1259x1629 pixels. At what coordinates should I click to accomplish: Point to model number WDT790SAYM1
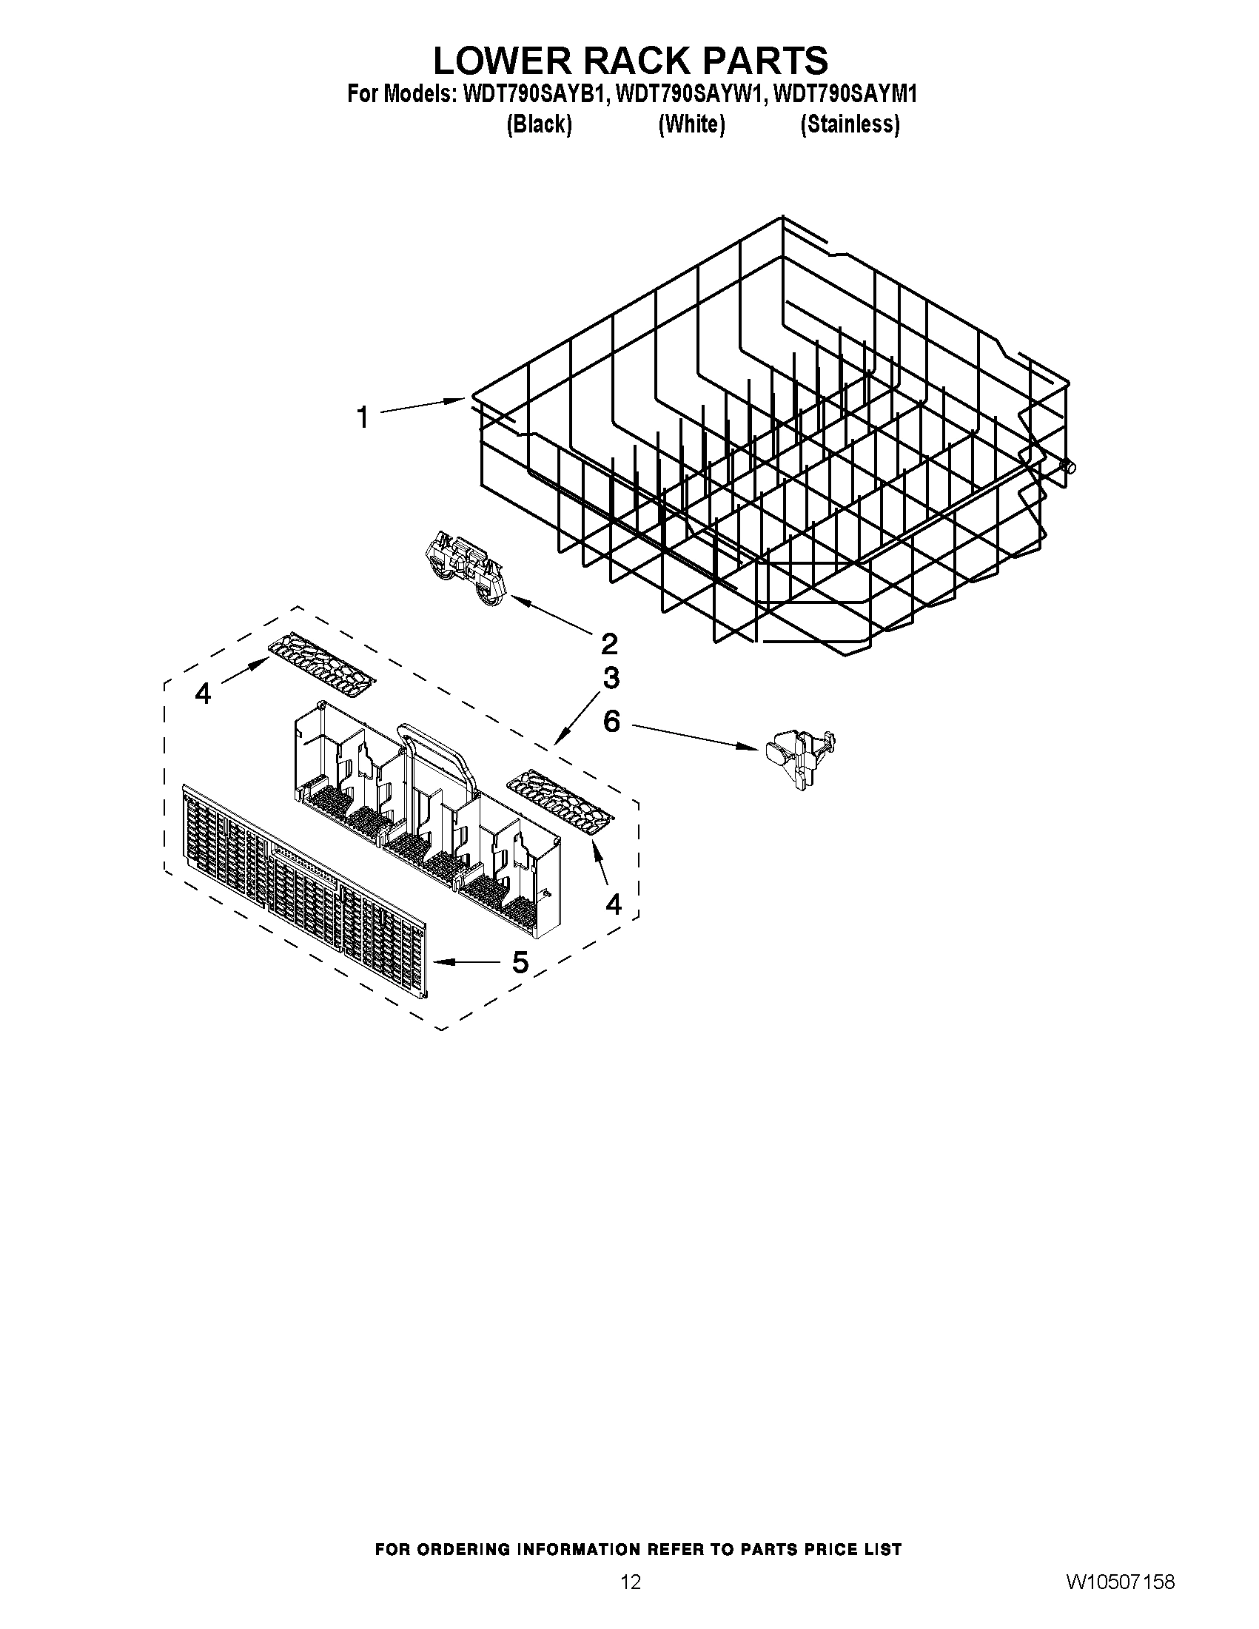(x=845, y=95)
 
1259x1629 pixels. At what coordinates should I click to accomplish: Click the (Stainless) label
(x=850, y=124)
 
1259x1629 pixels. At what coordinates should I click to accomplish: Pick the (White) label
(x=691, y=124)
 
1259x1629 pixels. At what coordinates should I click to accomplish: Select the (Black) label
(x=539, y=124)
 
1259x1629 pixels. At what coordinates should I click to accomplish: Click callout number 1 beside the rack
(x=363, y=417)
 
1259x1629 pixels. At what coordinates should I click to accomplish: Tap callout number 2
(x=608, y=643)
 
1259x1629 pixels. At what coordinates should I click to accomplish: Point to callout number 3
(x=611, y=678)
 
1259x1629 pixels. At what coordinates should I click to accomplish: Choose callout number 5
(x=520, y=962)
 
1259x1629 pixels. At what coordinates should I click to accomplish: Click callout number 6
(x=611, y=722)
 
